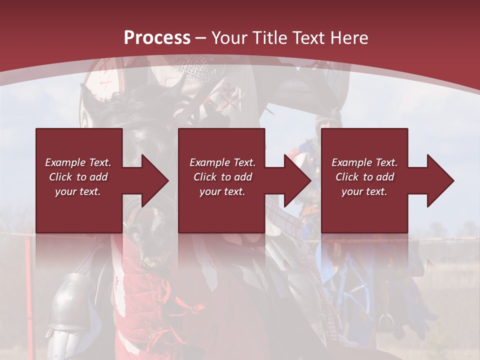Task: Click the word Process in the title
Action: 157,37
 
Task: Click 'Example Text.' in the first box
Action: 78,162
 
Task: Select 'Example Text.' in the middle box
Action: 222,162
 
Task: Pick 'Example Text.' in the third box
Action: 364,162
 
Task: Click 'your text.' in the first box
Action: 78,191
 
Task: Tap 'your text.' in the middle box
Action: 222,191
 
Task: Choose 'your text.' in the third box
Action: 364,191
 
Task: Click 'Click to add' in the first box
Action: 78,177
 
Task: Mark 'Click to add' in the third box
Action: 364,177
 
